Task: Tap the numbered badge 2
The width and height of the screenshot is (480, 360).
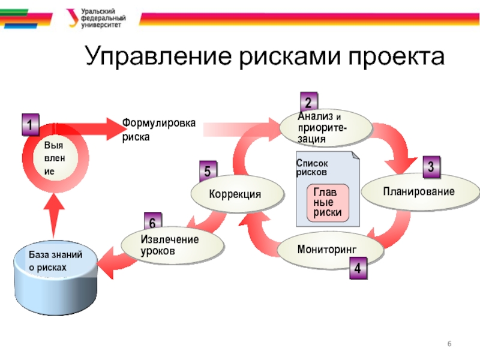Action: tap(309, 102)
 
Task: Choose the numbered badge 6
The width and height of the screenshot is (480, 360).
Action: tap(152, 223)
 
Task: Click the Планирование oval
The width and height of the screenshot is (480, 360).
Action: tap(418, 191)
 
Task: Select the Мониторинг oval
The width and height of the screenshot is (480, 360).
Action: tap(331, 248)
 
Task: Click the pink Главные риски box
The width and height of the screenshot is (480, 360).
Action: tap(328, 202)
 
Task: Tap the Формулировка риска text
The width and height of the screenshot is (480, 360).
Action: tap(159, 129)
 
